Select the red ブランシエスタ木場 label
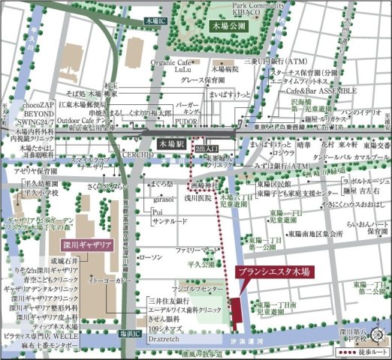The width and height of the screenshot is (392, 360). pos(273,273)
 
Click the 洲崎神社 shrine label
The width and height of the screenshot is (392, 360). pos(203,184)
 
